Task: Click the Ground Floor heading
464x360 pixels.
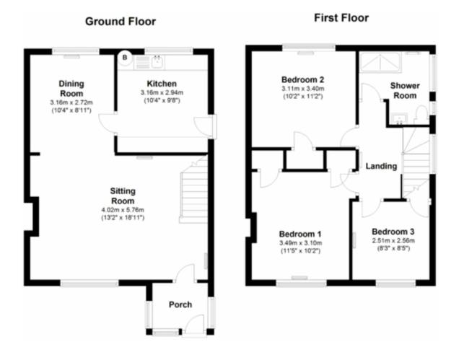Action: (x=121, y=22)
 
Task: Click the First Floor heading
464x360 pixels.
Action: (x=341, y=18)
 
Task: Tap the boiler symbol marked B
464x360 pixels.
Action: (x=125, y=58)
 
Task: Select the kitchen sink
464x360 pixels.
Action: (x=157, y=62)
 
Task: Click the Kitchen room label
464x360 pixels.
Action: (x=162, y=84)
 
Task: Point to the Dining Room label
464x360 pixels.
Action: (x=71, y=89)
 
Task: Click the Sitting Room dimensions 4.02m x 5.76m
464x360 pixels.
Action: (x=123, y=210)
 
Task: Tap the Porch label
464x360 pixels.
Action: (x=180, y=304)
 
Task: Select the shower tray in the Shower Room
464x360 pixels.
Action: (x=380, y=62)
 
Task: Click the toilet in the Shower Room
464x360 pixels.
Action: (x=421, y=115)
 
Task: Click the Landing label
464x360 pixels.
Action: (x=381, y=166)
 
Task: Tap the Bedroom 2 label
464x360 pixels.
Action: (x=303, y=79)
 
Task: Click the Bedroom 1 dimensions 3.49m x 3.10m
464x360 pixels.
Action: (x=300, y=243)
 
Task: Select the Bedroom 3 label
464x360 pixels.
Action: (x=393, y=232)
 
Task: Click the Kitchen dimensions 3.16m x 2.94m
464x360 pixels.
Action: (x=162, y=92)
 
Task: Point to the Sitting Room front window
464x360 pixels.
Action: (x=89, y=284)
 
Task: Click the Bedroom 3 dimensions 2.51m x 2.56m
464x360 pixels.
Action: (x=393, y=240)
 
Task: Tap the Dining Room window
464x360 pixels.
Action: (x=76, y=51)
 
